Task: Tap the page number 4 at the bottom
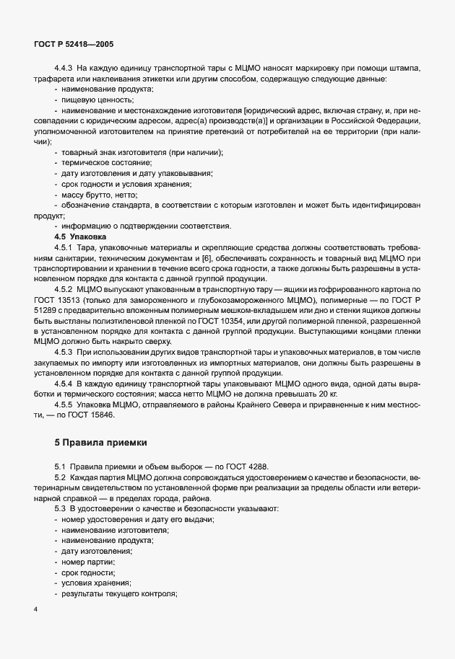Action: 35,610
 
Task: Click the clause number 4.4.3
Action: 66,68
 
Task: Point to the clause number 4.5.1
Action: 66,247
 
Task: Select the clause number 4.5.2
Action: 66,289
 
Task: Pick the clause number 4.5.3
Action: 66,351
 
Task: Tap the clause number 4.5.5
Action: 66,405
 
